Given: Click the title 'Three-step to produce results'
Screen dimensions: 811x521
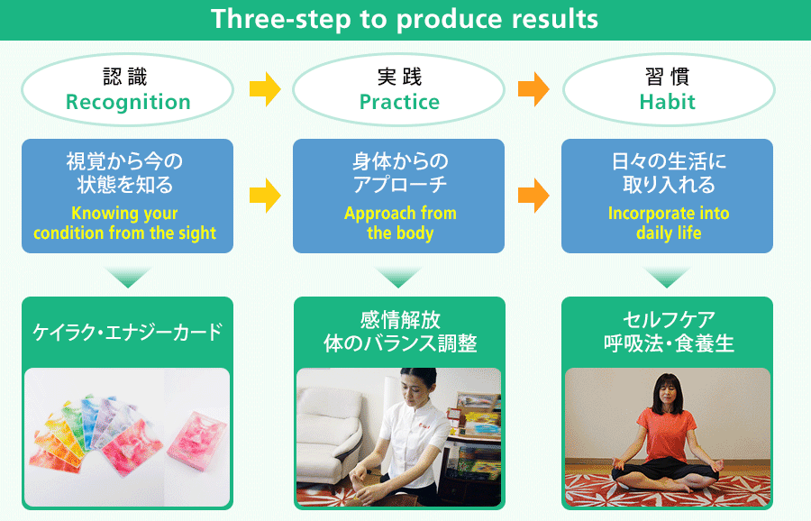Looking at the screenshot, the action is [x=405, y=19].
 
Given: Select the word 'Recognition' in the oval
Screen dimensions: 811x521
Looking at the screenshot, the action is [x=128, y=103].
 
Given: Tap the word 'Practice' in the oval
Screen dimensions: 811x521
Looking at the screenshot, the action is [x=399, y=102].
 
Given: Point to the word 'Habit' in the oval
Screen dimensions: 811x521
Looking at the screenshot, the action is [x=667, y=102].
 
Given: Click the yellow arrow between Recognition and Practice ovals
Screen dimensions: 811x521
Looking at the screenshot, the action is [x=265, y=89].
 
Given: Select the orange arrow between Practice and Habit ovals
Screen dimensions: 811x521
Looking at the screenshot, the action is [x=533, y=89].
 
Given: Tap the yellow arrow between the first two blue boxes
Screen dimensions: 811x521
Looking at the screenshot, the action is [x=265, y=196].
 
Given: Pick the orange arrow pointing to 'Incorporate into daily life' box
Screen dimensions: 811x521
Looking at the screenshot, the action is [x=533, y=196].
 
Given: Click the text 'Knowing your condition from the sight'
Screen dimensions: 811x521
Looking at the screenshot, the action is [x=124, y=223].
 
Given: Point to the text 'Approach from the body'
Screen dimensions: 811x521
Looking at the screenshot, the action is [x=400, y=223].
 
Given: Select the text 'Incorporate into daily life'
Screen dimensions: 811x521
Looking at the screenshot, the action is [x=669, y=223].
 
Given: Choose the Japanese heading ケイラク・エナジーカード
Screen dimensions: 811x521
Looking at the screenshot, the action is [x=128, y=332].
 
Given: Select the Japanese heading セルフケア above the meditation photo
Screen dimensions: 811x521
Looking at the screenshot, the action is [x=669, y=320].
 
